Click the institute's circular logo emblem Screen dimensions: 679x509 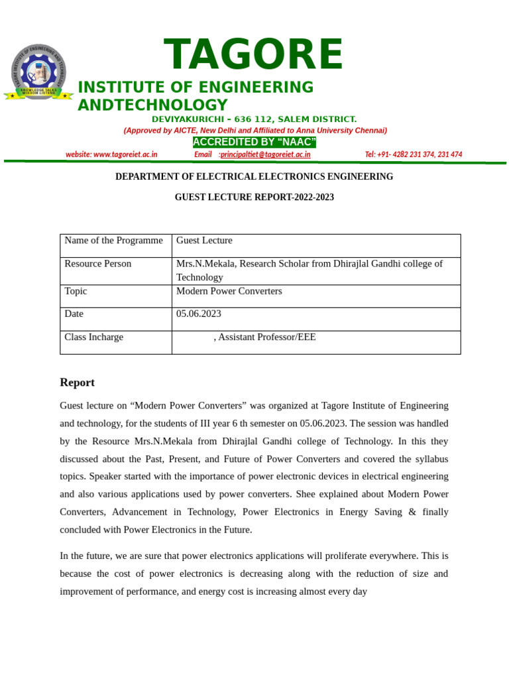[x=38, y=72]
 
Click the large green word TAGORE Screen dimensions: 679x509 [x=254, y=55]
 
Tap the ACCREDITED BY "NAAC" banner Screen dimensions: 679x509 [x=254, y=143]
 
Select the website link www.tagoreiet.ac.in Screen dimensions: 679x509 [x=111, y=154]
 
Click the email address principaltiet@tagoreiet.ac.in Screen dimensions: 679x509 [x=265, y=154]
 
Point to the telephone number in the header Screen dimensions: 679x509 [x=413, y=154]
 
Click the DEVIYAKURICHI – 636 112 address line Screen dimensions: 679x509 [x=254, y=119]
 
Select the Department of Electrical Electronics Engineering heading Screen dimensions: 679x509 [x=254, y=177]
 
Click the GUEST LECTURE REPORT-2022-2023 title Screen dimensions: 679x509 [x=254, y=198]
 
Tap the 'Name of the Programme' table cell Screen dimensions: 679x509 [x=113, y=241]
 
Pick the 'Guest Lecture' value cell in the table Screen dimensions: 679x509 [x=204, y=241]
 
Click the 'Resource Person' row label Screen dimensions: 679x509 [x=97, y=264]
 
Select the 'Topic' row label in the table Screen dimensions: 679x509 [x=76, y=291]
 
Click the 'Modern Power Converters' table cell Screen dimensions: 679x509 [x=229, y=291]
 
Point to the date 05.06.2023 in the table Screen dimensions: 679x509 [x=199, y=314]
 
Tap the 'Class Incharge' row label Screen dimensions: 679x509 [x=93, y=337]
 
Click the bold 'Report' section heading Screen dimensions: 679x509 [x=77, y=383]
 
